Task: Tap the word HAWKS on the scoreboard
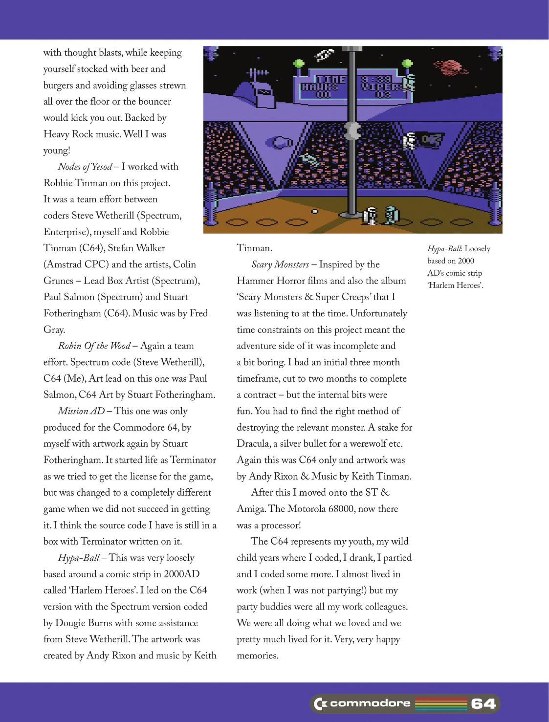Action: (320, 87)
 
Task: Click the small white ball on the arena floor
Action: (315, 212)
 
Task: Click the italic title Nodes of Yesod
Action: (84, 167)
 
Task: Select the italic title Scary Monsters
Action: (280, 264)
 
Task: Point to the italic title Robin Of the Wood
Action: (94, 346)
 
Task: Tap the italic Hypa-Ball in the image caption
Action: (445, 249)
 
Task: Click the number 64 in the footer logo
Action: (483, 704)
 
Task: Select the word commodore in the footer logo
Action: (370, 704)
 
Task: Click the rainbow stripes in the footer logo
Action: (441, 704)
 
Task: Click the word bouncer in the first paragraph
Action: (155, 102)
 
